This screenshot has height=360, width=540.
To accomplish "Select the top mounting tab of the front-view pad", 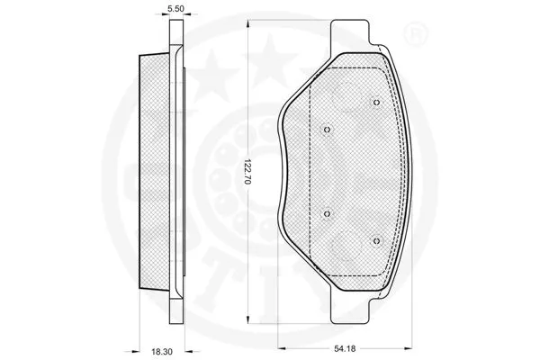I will coord(352,37).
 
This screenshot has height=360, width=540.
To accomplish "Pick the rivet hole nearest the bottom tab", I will coord(377,240).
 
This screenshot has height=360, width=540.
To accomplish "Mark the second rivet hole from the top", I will coord(327,128).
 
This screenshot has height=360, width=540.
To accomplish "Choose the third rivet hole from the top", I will coord(327,214).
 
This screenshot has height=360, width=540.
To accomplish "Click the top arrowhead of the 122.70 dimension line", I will coord(255,22).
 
